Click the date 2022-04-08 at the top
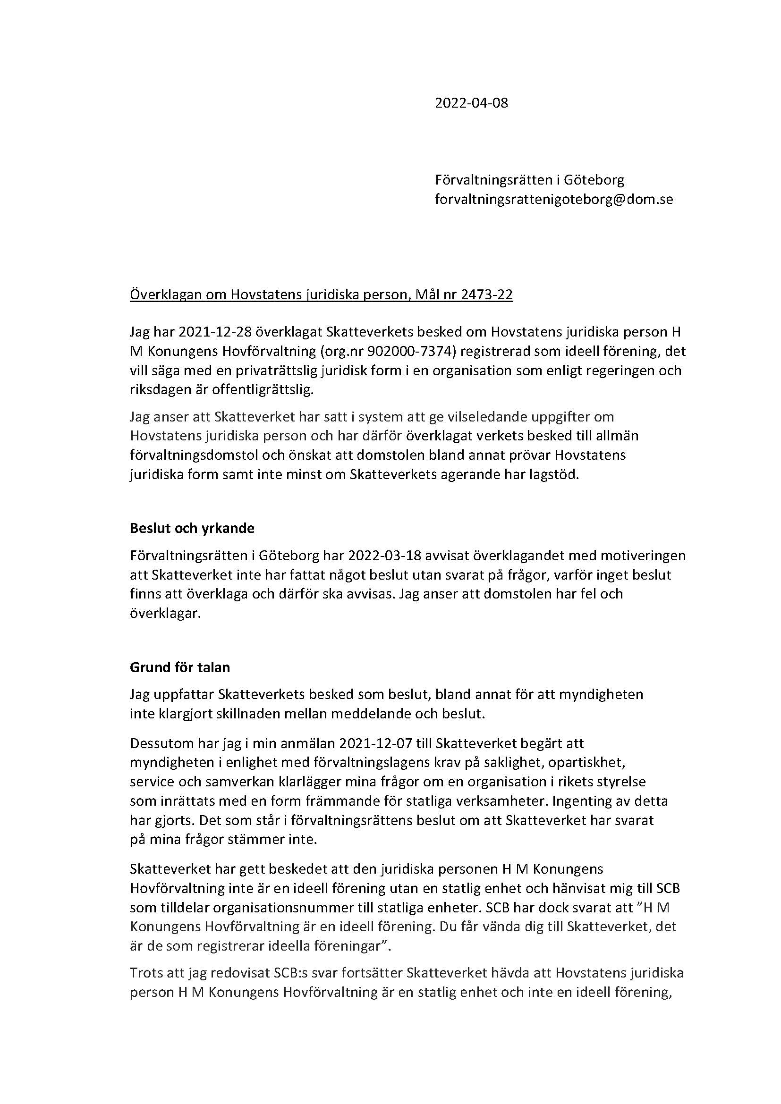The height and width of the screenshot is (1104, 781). point(471,103)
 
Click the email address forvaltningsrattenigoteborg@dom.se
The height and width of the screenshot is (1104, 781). point(553,199)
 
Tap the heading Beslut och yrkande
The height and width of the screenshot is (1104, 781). point(192,528)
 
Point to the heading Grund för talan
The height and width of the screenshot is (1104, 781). point(180,667)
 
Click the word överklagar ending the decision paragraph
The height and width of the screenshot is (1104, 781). point(164,614)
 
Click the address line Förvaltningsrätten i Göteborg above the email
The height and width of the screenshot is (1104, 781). point(529,180)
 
